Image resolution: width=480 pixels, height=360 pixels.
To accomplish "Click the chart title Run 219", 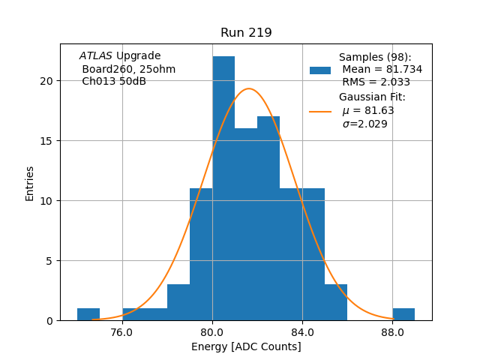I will [x=246, y=33].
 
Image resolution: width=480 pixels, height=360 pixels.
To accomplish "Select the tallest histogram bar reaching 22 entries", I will [x=223, y=187].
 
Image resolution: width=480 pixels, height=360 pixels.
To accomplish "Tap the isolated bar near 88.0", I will [x=403, y=314].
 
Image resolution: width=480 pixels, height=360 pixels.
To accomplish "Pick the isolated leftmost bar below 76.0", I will [x=88, y=314].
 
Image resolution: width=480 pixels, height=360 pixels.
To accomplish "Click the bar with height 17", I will [x=268, y=217].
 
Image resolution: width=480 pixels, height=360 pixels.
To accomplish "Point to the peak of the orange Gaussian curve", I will [x=249, y=89].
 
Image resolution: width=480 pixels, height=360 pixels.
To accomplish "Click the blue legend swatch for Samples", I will [x=320, y=70].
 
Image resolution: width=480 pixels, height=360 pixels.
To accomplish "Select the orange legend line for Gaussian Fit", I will [x=320, y=111].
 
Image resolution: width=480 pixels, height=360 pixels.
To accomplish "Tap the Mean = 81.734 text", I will [x=382, y=70].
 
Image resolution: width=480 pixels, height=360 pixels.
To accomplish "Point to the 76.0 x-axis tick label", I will [x=122, y=332].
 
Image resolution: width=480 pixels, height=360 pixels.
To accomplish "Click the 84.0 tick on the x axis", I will [x=302, y=332].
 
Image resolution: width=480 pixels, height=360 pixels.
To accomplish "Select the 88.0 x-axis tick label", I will [x=392, y=332].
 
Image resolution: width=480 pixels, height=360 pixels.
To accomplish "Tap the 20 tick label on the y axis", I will [x=49, y=81].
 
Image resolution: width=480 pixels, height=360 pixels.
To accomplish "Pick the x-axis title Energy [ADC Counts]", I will [x=246, y=346].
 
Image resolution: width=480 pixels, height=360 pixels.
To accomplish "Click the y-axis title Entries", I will [x=30, y=183].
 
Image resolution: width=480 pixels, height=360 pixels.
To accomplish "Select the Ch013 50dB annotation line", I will [x=114, y=82].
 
